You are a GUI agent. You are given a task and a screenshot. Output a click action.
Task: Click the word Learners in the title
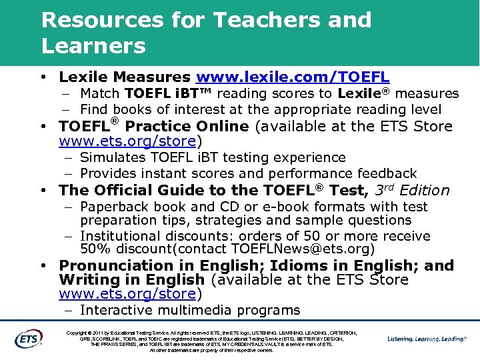coord(93,46)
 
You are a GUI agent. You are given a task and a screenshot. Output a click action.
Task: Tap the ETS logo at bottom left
coord(29,339)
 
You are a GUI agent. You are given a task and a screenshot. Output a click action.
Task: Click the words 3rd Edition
coord(413,190)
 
